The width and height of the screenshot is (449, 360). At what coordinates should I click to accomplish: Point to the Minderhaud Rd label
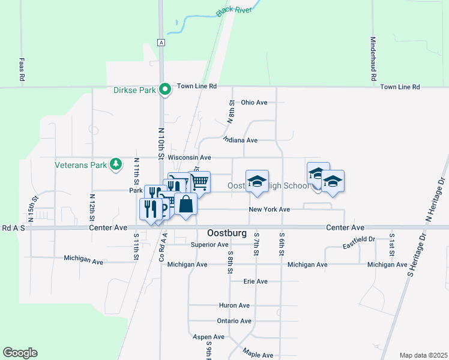click(x=373, y=58)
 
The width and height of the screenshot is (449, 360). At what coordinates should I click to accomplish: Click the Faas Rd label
click(x=21, y=70)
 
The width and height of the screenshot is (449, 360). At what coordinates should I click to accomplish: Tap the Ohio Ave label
click(x=254, y=103)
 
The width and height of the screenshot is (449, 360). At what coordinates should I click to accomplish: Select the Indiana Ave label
click(x=240, y=140)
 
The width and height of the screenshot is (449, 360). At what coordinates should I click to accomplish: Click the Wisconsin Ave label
click(x=190, y=157)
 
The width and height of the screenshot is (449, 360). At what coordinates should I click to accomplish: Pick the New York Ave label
click(x=270, y=209)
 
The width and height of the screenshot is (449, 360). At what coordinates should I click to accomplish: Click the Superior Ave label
click(x=209, y=245)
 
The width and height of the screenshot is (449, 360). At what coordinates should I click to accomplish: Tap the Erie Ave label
click(x=255, y=281)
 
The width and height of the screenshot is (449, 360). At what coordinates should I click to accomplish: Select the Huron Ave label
click(x=235, y=305)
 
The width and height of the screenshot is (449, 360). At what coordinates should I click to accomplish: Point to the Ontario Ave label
click(x=234, y=321)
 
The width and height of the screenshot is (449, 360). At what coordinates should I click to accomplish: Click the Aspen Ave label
click(x=208, y=337)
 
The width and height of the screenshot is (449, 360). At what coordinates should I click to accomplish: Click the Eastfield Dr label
click(x=359, y=241)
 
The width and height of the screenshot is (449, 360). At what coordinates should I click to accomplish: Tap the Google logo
click(x=20, y=353)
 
